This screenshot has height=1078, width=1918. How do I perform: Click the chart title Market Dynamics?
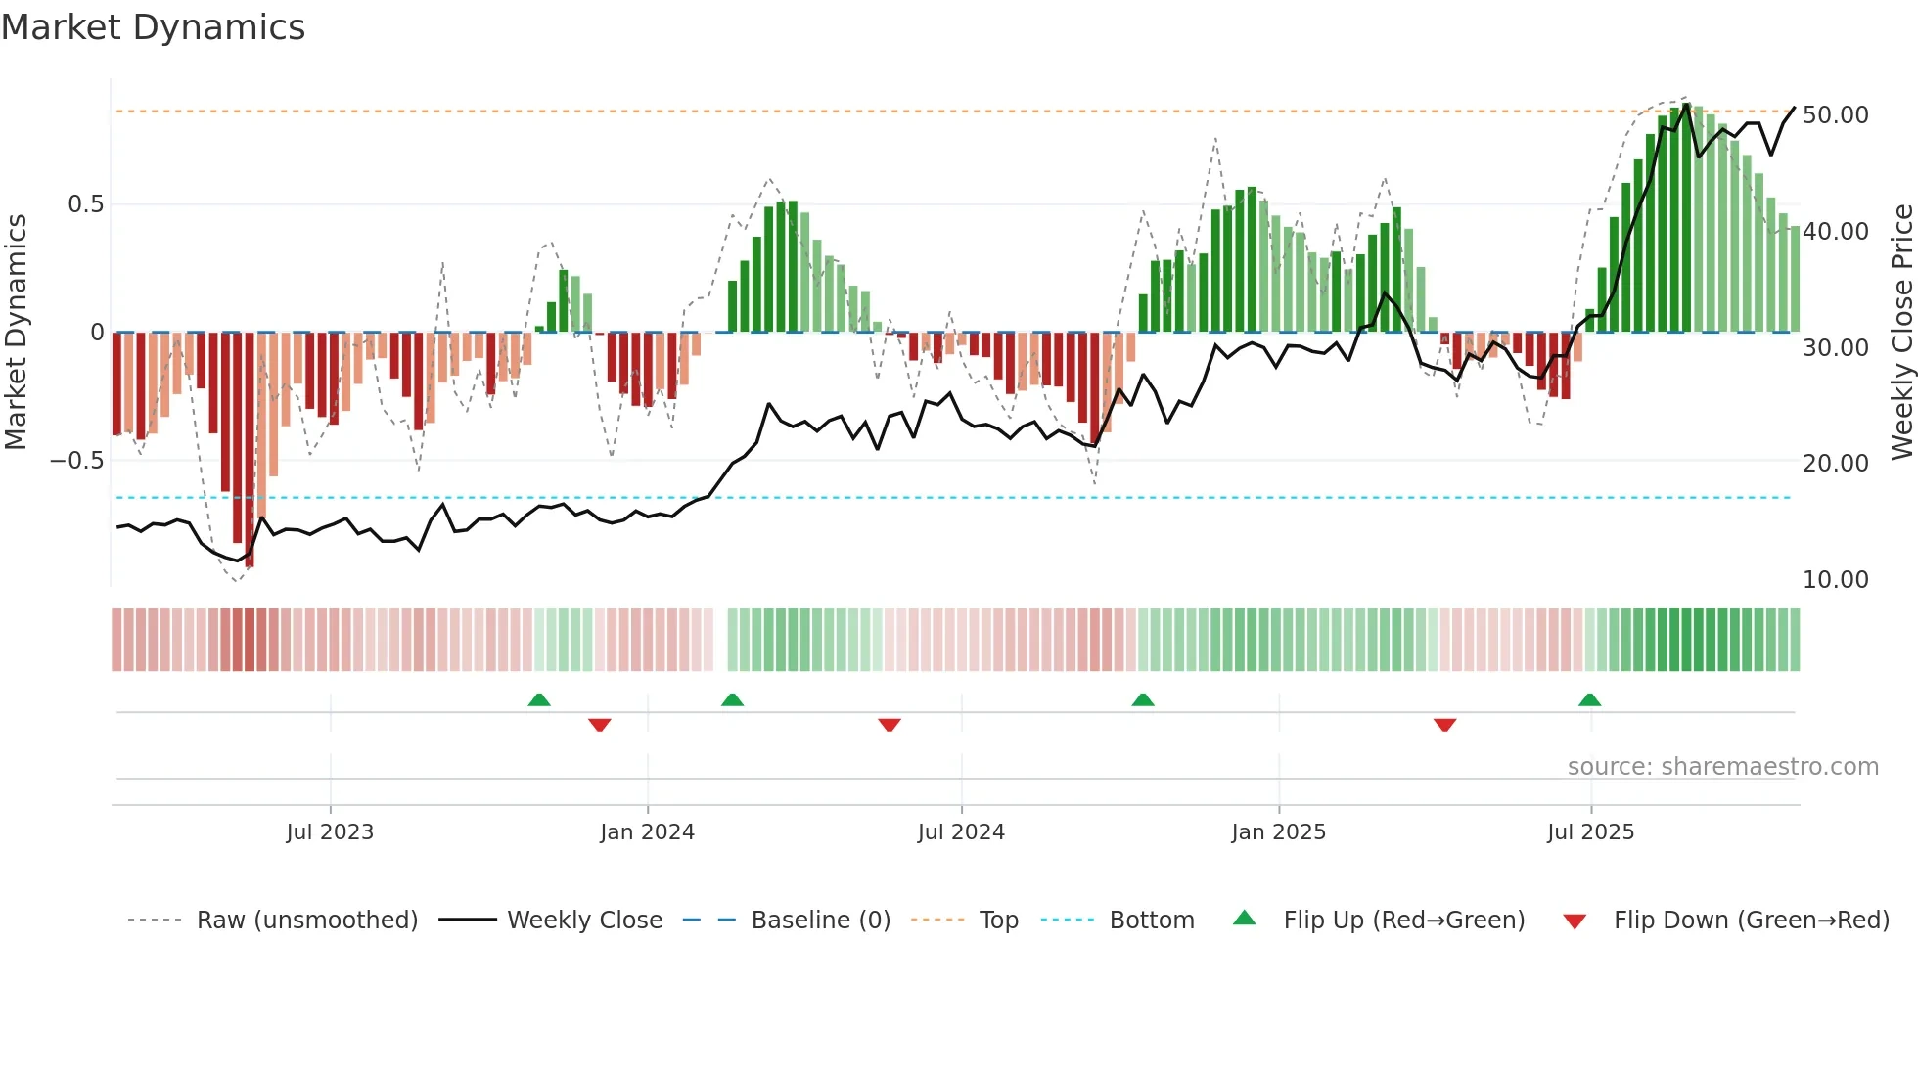click(x=154, y=27)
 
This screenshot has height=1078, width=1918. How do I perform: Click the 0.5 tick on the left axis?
click(x=85, y=204)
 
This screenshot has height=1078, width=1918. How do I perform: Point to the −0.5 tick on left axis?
click(x=77, y=461)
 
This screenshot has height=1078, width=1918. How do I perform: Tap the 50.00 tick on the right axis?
click(x=1835, y=115)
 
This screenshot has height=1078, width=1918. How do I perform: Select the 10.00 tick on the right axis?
click(x=1835, y=580)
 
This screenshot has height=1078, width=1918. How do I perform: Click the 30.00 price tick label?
click(x=1835, y=348)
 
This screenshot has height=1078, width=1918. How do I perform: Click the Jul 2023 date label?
click(x=330, y=832)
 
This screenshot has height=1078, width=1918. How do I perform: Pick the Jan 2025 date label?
click(x=1278, y=832)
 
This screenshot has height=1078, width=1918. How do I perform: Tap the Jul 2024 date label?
click(x=961, y=832)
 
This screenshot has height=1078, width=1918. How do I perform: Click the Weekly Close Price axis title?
click(x=1901, y=333)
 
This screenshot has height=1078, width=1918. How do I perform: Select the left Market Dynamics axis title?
click(x=16, y=333)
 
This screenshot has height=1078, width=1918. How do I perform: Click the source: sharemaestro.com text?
click(x=1722, y=767)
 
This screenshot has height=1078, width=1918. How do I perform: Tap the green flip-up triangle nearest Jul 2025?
click(x=1589, y=699)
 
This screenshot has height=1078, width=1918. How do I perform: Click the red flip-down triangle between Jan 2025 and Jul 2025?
click(x=1444, y=725)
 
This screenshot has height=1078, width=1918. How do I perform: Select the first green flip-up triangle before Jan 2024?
click(x=539, y=699)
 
